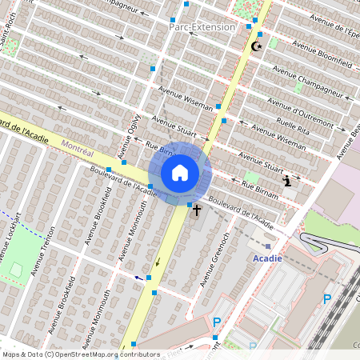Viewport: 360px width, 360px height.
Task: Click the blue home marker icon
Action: pyautogui.click(x=180, y=172)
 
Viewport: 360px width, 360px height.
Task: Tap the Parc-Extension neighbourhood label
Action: pyautogui.click(x=202, y=26)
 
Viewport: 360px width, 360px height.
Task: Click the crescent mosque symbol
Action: pyautogui.click(x=257, y=46)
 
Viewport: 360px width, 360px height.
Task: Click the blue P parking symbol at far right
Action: pyautogui.click(x=326, y=299)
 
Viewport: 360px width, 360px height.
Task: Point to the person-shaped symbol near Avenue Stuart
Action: pyautogui.click(x=287, y=181)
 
